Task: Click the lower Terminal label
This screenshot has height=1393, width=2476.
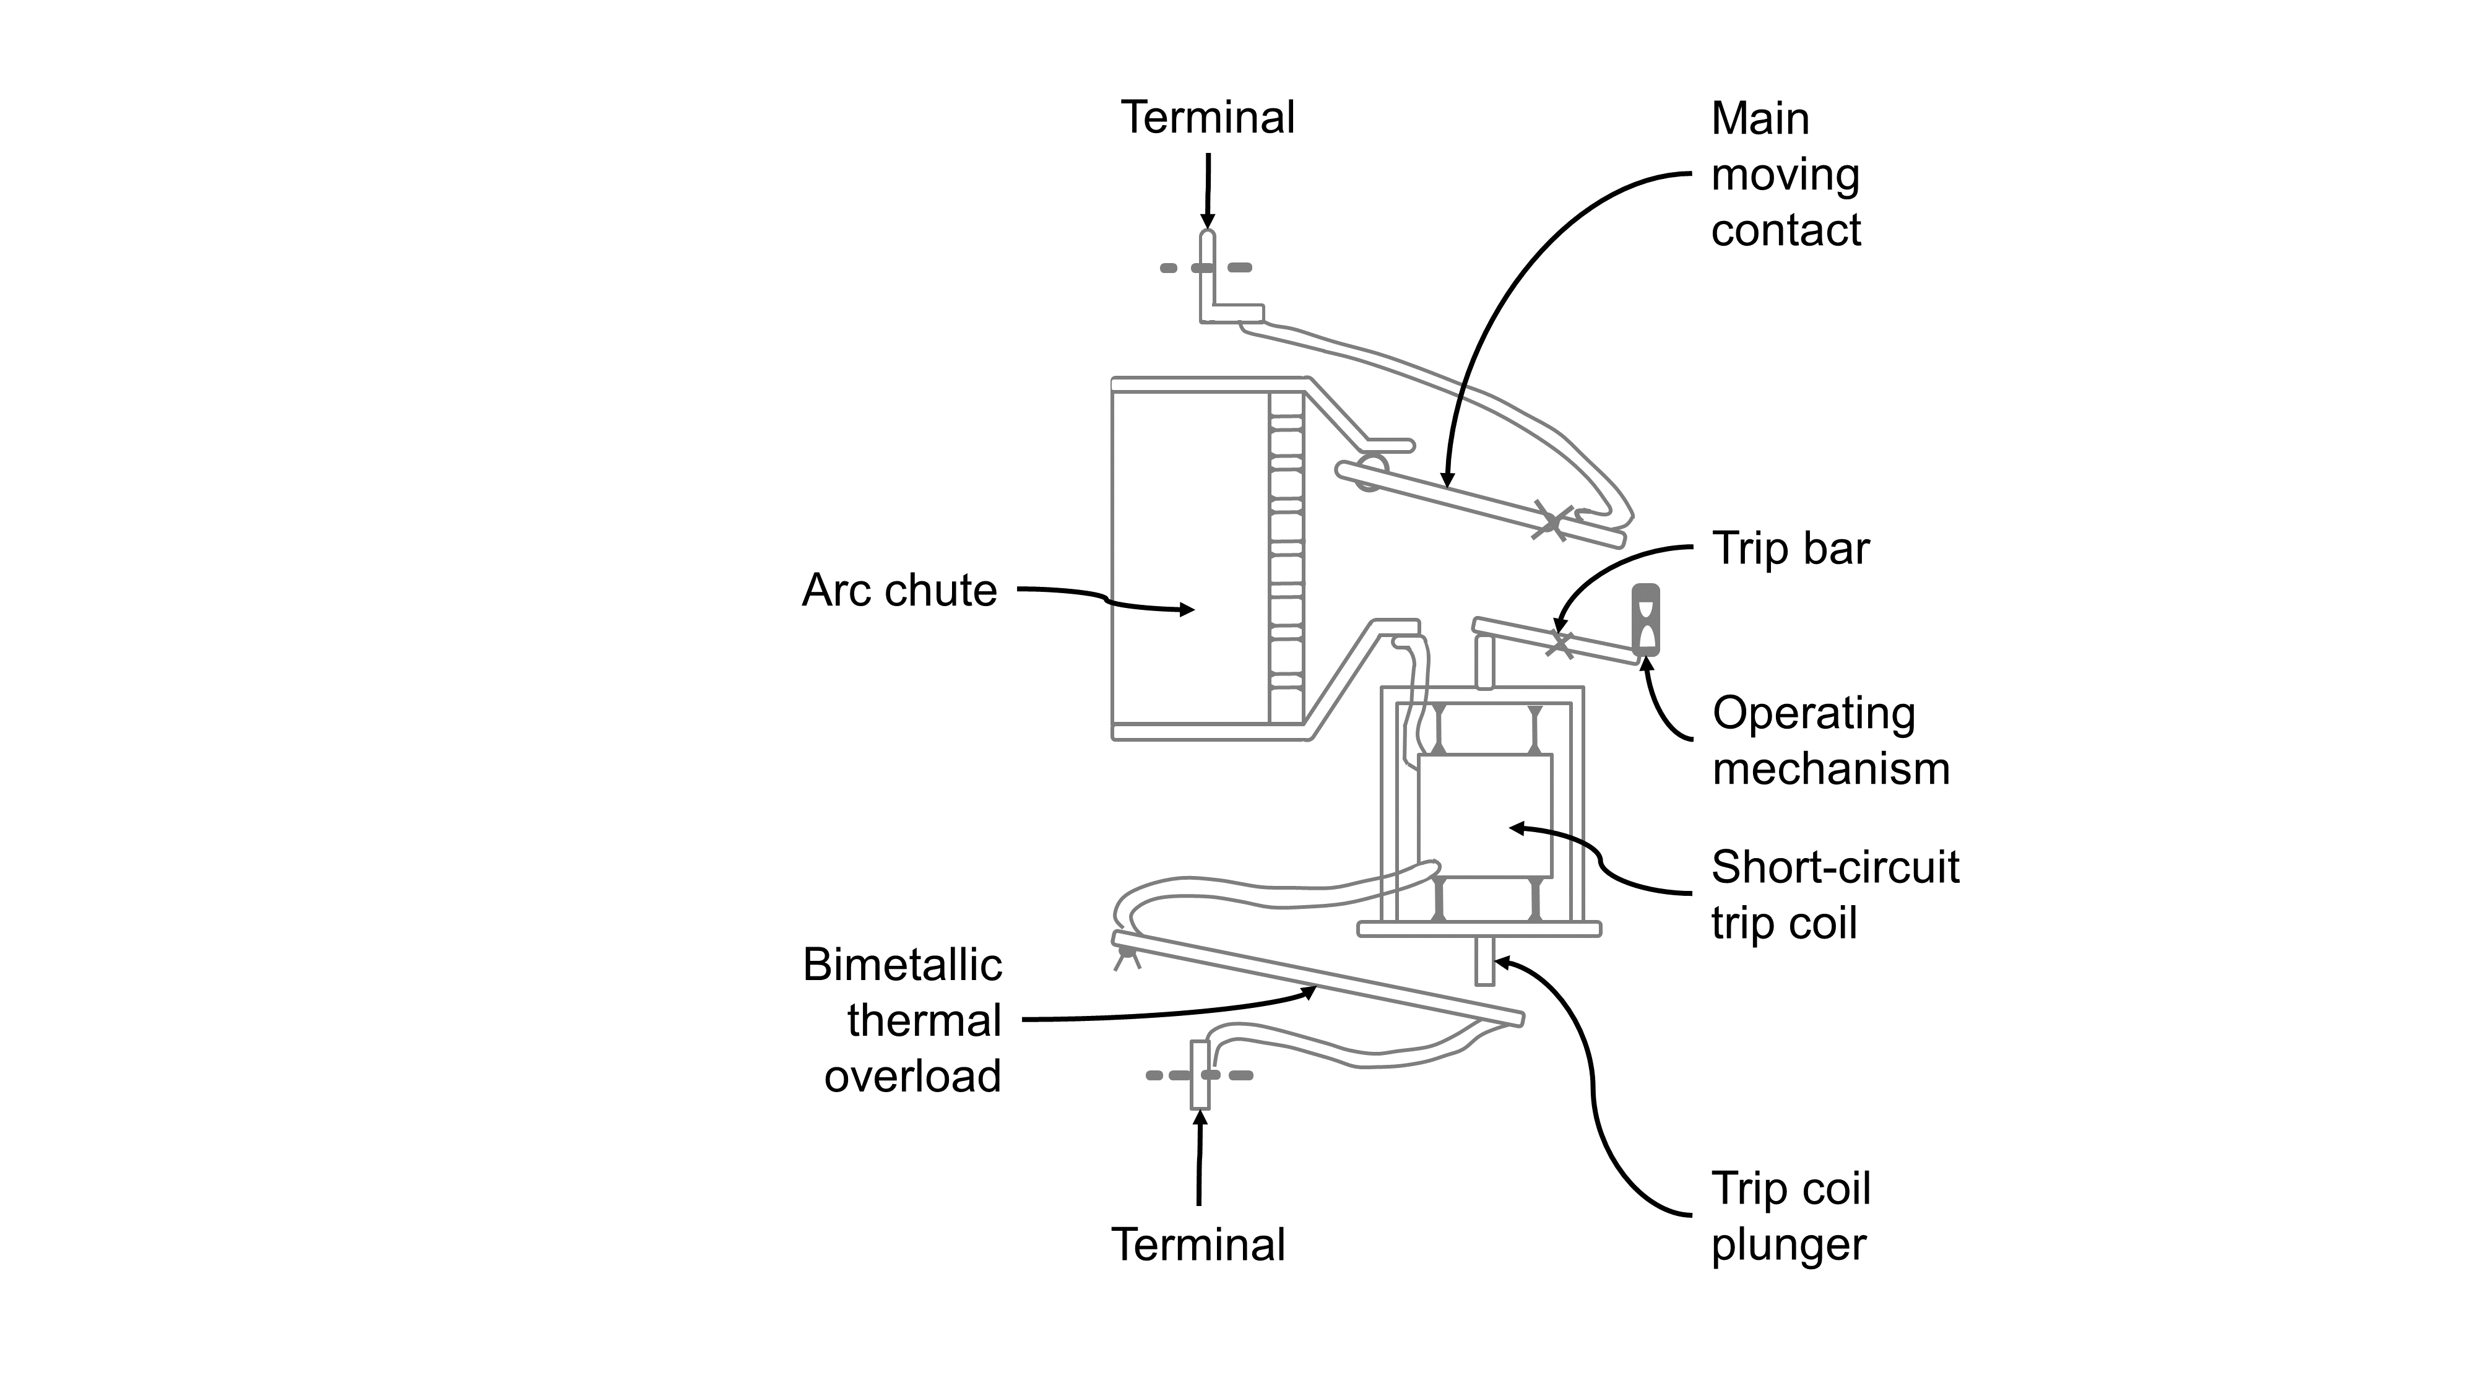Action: pyautogui.click(x=1198, y=1245)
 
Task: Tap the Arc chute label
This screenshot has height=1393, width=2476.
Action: pyautogui.click(x=899, y=590)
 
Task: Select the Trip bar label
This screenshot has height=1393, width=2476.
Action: pyautogui.click(x=1791, y=549)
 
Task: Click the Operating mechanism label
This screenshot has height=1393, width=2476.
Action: pyautogui.click(x=1830, y=741)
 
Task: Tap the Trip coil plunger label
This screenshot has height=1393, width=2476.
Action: pyautogui.click(x=1790, y=1216)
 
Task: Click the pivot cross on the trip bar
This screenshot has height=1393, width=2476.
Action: pyautogui.click(x=1559, y=644)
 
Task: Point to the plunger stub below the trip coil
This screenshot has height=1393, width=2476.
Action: pyautogui.click(x=1484, y=961)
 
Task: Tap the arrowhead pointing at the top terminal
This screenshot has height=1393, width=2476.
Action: pyautogui.click(x=1208, y=222)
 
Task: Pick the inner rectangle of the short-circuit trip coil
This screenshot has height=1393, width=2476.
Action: pyautogui.click(x=1484, y=815)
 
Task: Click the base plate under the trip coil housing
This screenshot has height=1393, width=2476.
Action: pyautogui.click(x=1478, y=929)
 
